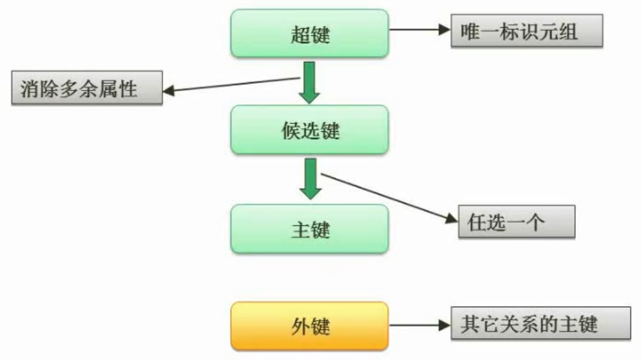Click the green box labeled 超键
click(309, 33)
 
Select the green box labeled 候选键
click(309, 129)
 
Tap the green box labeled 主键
click(309, 229)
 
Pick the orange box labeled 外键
click(309, 326)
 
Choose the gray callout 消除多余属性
click(87, 88)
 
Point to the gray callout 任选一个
click(516, 222)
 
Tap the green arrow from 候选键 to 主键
click(310, 178)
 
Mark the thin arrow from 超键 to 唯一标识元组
click(419, 29)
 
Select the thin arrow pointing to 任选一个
click(388, 199)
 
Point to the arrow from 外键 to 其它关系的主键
click(419, 325)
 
